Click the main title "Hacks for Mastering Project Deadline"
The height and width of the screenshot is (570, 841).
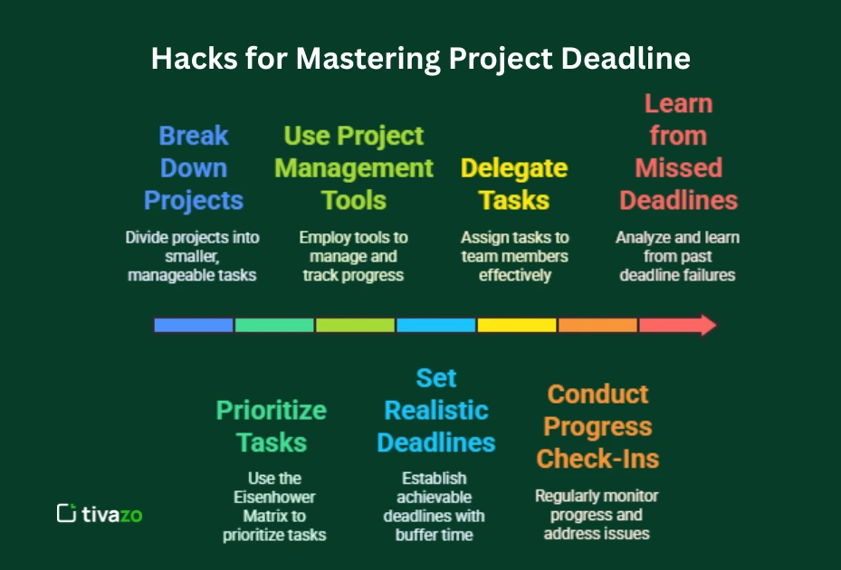[420, 59]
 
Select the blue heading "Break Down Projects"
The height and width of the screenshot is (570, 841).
[194, 168]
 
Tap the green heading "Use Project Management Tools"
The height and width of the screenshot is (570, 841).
[354, 168]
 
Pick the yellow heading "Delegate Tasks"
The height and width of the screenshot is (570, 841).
[514, 184]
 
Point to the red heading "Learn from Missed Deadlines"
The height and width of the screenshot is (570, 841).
[678, 152]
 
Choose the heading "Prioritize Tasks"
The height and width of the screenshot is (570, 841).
[271, 426]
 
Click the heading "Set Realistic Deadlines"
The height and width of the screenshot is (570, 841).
[436, 410]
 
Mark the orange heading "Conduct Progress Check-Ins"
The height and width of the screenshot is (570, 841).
[597, 426]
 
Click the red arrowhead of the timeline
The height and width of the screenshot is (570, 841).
[706, 325]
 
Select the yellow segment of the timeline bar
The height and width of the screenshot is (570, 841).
[517, 325]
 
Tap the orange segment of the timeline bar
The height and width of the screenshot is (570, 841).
[597, 325]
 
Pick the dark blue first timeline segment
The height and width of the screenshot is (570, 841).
[194, 325]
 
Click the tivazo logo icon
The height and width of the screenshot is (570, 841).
[66, 513]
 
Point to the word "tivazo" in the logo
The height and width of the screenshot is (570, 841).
[112, 514]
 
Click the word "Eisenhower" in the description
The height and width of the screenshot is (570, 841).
[275, 497]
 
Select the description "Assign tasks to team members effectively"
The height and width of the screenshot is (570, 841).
[514, 256]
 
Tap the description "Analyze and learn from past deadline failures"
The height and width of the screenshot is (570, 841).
[677, 256]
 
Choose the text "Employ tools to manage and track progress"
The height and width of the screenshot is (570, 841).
[353, 256]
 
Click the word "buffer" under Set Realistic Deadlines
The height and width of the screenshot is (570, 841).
[419, 535]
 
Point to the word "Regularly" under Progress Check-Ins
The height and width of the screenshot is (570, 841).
[569, 496]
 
